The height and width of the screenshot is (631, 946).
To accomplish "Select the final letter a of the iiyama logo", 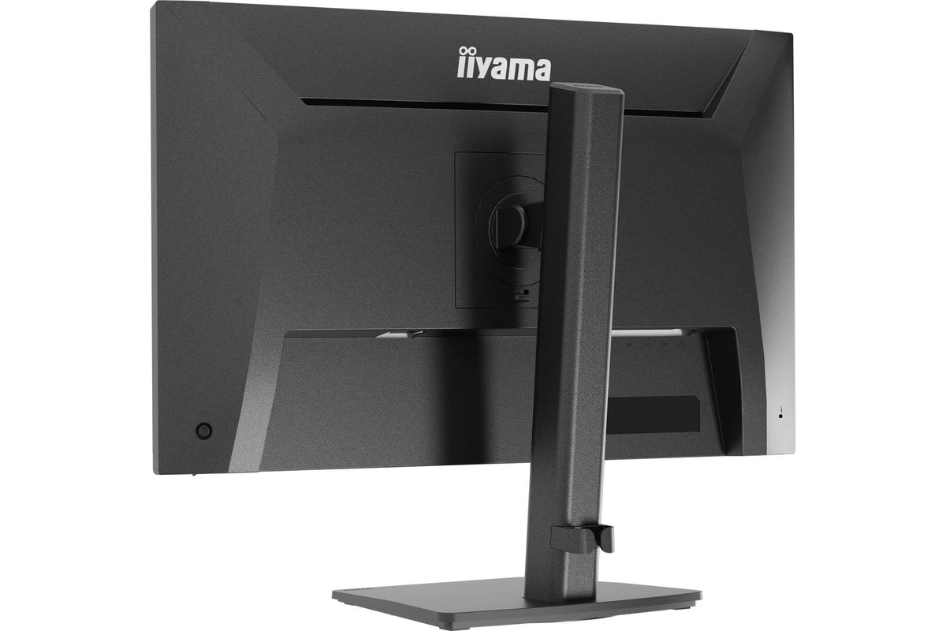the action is [x=542, y=70].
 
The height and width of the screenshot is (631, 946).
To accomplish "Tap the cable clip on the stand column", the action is [x=583, y=539].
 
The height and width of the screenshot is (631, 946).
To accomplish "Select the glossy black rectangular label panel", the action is [x=654, y=414].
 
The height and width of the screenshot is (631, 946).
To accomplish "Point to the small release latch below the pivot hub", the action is [x=521, y=294].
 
